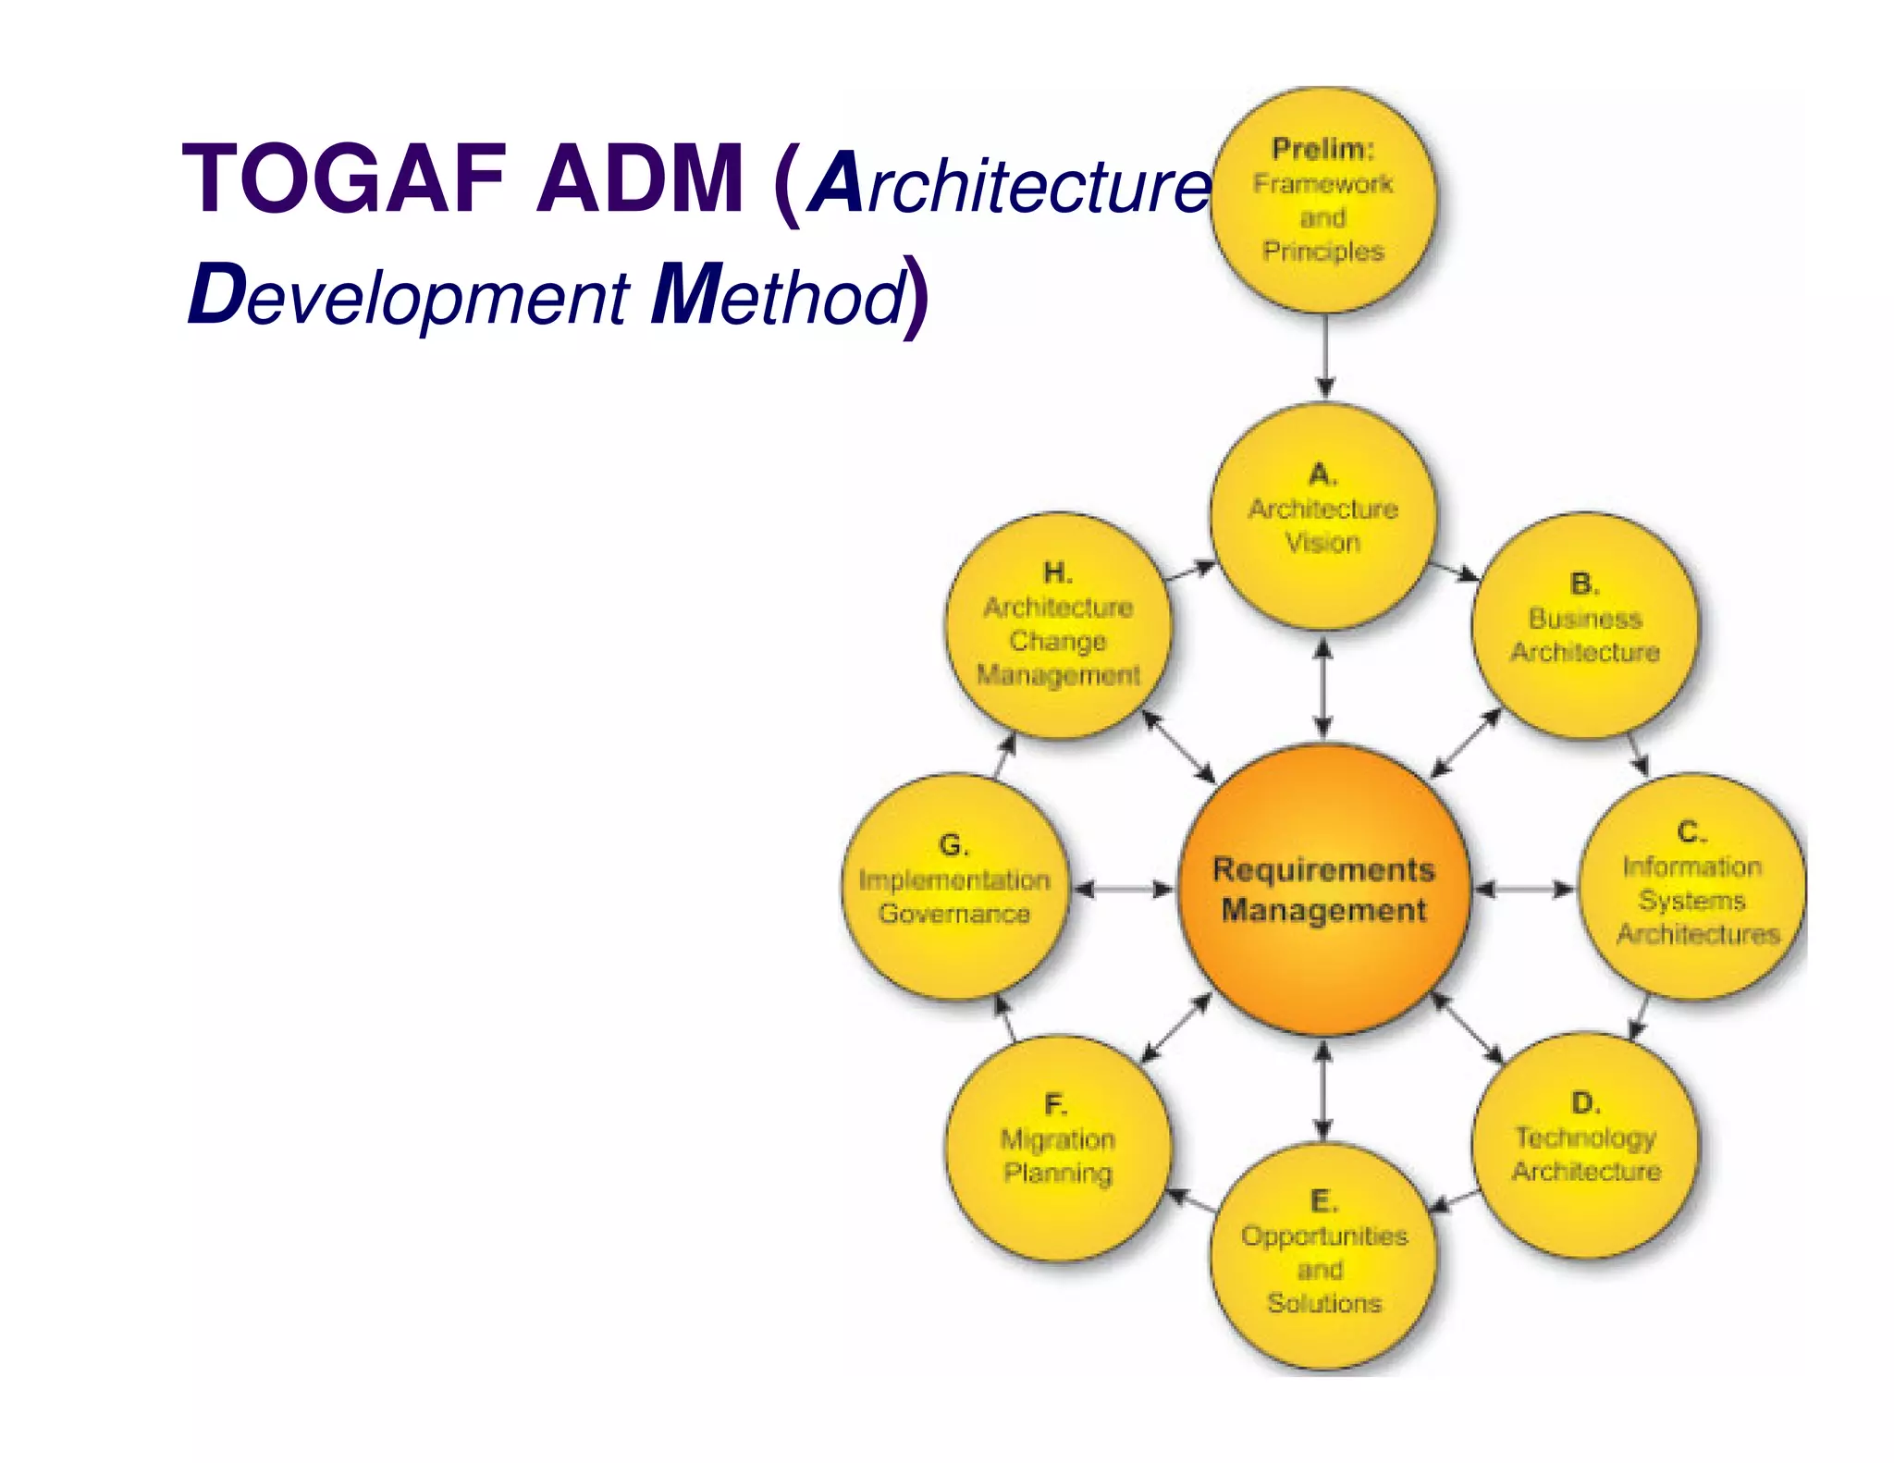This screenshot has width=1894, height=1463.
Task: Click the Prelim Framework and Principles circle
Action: (x=1323, y=201)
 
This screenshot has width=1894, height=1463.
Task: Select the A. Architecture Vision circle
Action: (x=1323, y=518)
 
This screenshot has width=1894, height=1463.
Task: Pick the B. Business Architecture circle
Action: (x=1584, y=626)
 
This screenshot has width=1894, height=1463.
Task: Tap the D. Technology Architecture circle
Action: (x=1585, y=1147)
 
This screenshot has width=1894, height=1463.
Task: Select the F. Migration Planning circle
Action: (x=1058, y=1147)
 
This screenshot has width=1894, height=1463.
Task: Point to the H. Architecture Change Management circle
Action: (x=1058, y=626)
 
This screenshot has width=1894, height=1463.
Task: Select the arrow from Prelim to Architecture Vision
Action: (x=1325, y=356)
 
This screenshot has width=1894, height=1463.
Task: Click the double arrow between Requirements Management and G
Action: (x=1123, y=890)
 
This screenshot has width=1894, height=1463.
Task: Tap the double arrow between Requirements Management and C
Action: (x=1524, y=890)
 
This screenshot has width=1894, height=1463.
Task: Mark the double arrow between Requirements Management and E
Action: (x=1323, y=1091)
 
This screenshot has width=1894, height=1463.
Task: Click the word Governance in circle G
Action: (x=954, y=914)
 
